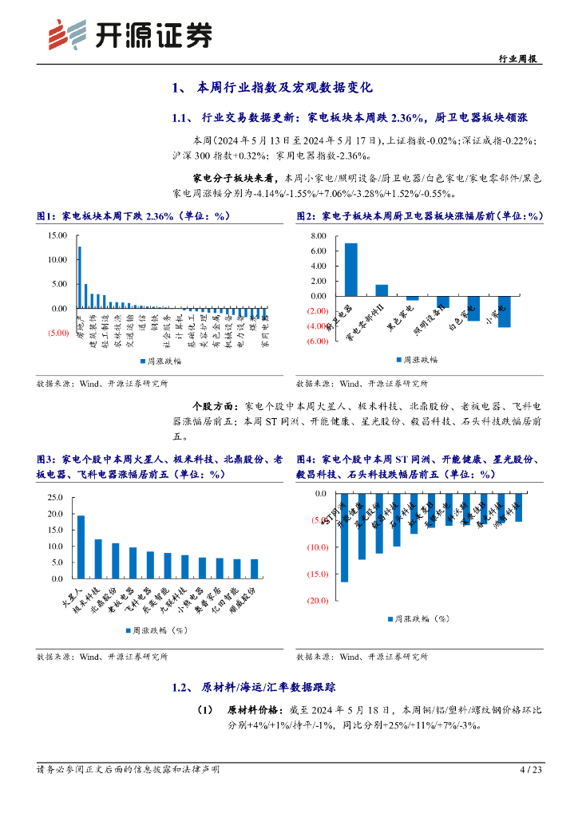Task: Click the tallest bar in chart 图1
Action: tap(79, 277)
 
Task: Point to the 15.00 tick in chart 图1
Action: tap(57, 236)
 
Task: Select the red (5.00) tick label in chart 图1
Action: tap(57, 333)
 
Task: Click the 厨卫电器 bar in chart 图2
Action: tap(351, 270)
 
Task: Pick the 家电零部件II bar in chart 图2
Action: tap(382, 290)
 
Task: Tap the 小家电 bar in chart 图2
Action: tap(505, 311)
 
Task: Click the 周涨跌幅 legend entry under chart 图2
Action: tap(421, 360)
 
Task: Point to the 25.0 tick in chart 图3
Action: tap(54, 497)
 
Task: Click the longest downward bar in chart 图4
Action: tap(344, 538)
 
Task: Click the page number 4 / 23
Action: tap(531, 770)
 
